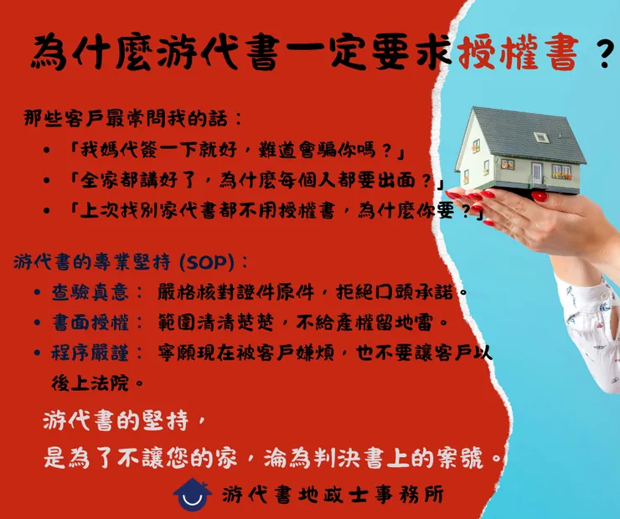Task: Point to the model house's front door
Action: click(536, 173)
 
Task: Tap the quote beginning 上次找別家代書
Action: click(276, 211)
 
